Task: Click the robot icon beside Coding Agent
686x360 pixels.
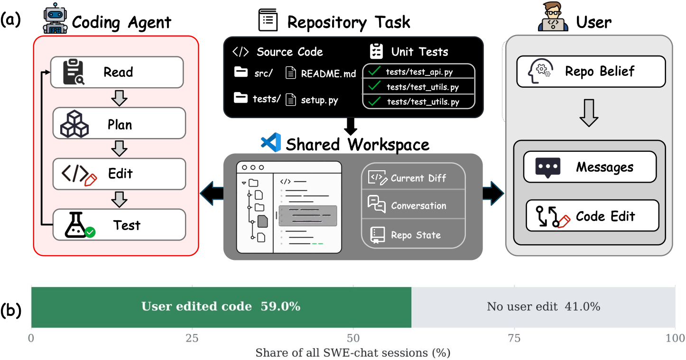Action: (55, 18)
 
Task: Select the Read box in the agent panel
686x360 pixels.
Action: (117, 72)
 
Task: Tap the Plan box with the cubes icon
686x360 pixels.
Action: (119, 123)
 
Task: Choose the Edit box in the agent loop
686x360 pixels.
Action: (119, 174)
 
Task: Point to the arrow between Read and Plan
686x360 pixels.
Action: (119, 98)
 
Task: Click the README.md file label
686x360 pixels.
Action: (328, 74)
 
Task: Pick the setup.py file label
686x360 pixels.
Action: (319, 100)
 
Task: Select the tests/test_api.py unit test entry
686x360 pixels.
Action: (418, 72)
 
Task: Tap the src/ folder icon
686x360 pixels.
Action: (241, 72)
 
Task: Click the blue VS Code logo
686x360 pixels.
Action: (271, 142)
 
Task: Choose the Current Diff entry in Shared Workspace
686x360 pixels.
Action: (413, 177)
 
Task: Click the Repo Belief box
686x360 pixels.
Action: (591, 72)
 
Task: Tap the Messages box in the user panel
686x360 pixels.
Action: (590, 167)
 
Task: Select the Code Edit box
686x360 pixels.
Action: (593, 215)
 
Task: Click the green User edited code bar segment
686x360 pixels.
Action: (221, 307)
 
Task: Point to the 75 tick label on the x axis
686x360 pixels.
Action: (514, 338)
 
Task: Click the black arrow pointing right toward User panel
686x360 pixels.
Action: (493, 193)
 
